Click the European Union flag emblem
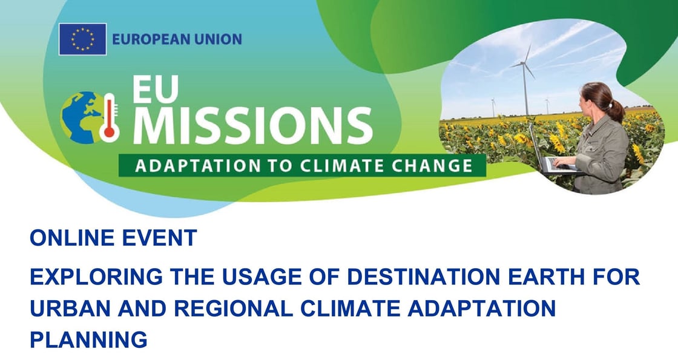click(x=82, y=39)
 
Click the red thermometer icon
click(x=110, y=117)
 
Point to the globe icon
click(x=82, y=117)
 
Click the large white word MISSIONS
click(x=252, y=126)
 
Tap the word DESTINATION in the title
click(x=424, y=277)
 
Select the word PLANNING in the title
click(x=88, y=339)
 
